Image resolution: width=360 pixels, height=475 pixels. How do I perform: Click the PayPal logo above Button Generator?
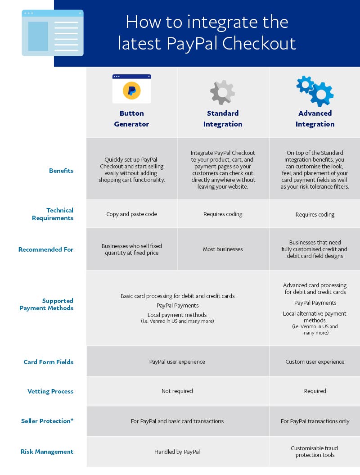pos(131,90)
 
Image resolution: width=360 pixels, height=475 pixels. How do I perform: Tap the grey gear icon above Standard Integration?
pos(222,92)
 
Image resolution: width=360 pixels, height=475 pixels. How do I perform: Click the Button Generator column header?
pos(131,119)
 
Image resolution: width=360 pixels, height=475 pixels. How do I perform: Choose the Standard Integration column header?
pos(223,119)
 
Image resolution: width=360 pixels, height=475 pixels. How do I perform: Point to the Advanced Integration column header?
pos(315,119)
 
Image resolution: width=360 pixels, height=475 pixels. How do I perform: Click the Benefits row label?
pos(61,171)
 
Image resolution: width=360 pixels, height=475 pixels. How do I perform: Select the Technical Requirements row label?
pos(53,214)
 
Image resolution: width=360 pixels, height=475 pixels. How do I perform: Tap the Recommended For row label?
pos(46,249)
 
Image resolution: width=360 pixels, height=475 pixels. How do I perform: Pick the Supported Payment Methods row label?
pos(46,304)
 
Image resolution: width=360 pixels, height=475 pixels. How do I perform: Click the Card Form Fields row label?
pos(49,362)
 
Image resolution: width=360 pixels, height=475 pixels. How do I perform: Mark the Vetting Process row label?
pos(50,391)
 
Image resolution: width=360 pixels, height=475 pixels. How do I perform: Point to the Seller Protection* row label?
pos(47,421)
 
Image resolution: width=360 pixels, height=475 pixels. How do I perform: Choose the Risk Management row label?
pos(47,452)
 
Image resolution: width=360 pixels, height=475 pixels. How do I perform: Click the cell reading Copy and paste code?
pos(132,214)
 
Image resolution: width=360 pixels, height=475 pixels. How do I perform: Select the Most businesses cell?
pos(223,249)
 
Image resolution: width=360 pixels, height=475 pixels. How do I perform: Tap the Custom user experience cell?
pos(315,362)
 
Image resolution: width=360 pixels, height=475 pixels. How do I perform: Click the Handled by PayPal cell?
pos(177,452)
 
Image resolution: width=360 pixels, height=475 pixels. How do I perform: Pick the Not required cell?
pos(177,391)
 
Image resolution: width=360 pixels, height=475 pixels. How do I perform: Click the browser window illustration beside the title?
pos(53,33)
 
